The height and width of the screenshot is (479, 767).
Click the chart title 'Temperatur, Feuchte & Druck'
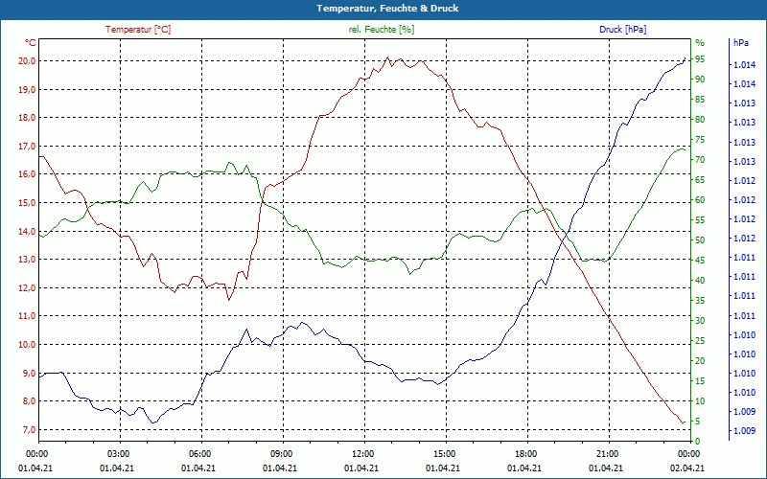383,8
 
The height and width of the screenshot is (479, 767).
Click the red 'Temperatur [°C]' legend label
138,30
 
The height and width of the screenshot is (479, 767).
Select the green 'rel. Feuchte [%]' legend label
382,30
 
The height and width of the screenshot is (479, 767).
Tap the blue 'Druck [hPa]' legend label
622,30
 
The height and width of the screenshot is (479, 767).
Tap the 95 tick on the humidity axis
700,59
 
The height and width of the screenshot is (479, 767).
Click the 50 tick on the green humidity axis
700,240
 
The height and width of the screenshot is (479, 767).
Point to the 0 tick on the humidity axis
698,441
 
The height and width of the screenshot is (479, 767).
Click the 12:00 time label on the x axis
363,453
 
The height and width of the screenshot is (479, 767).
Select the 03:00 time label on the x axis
118,453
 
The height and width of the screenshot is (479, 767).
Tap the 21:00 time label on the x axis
607,453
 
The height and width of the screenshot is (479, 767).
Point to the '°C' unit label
31,43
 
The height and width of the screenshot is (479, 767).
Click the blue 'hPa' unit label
740,43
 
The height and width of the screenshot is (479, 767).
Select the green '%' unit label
699,43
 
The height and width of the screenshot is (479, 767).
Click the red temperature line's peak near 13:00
387,57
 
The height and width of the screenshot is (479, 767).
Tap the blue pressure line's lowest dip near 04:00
152,422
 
